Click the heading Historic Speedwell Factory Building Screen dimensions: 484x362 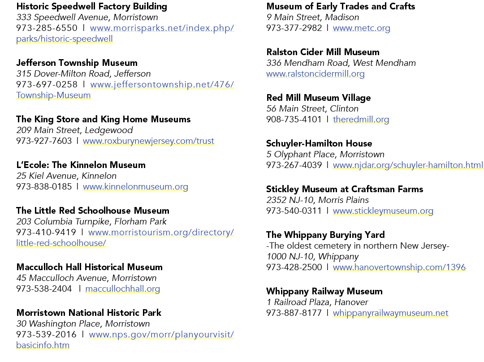(92, 6)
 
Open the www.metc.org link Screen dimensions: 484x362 (362, 28)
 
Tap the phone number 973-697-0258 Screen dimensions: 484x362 (47, 84)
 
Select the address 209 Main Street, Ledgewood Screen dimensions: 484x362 (75, 130)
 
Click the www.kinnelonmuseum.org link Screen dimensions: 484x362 (135, 187)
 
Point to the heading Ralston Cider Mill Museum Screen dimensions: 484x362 (323, 52)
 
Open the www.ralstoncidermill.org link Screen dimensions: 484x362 (315, 74)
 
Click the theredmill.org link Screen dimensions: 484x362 (361, 120)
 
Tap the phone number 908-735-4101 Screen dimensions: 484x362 (294, 120)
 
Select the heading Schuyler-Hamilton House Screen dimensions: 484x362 (319, 143)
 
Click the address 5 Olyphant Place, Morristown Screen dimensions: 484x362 (325, 154)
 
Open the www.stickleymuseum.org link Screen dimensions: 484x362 (383, 211)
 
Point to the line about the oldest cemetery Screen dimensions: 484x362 (358, 246)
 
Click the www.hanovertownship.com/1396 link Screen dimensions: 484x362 (399, 267)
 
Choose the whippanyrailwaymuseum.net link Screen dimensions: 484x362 (390, 313)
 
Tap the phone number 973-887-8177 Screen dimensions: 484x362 (294, 313)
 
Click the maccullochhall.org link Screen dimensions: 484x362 (122, 289)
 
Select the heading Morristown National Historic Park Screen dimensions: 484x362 (89, 313)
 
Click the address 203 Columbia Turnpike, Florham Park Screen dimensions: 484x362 (91, 222)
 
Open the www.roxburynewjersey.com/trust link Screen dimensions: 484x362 (148, 141)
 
